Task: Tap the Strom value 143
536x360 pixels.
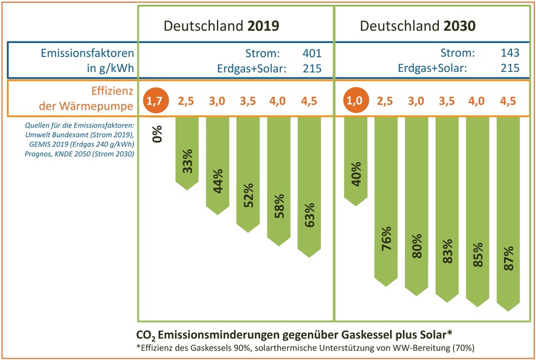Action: pos(510,53)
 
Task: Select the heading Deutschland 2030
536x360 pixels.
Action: pos(419,26)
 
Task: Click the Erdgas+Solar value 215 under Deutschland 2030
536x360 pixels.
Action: pos(510,68)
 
